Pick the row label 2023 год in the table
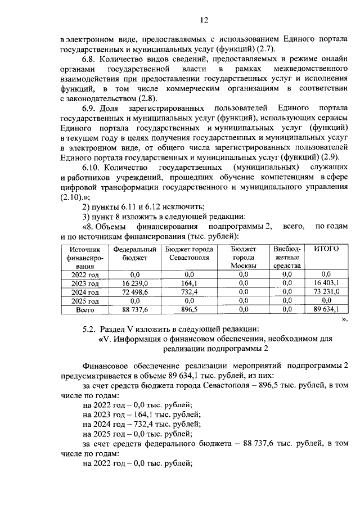coord(85,283)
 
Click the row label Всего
coord(85,309)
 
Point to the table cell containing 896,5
coord(187,309)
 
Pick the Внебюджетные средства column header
coord(287,257)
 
